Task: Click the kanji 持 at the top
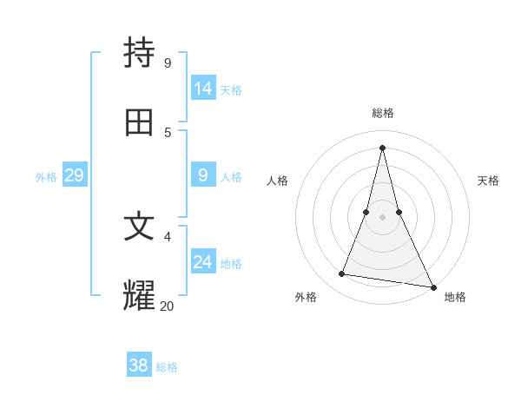coord(140,53)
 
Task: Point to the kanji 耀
coord(140,295)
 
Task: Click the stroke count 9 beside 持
coord(167,63)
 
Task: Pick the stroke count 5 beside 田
coord(167,132)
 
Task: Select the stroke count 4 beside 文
coord(167,236)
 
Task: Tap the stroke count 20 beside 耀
coord(167,305)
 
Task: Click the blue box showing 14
coord(203,89)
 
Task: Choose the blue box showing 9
coord(203,175)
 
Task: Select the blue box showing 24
coord(203,261)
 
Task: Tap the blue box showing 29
coord(74,175)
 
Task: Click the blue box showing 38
coord(139,365)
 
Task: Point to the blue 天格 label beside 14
coord(231,89)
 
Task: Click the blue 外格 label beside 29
coord(46,176)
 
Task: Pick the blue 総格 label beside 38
coord(167,366)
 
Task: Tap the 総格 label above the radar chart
coord(383,113)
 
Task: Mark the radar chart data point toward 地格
coord(432,287)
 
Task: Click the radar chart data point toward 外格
coord(342,274)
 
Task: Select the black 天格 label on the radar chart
coord(488,181)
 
